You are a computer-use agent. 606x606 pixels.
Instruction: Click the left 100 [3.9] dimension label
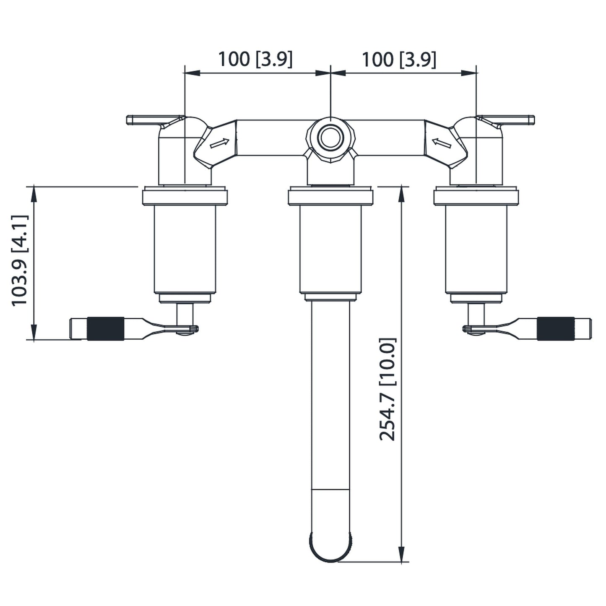click(x=255, y=59)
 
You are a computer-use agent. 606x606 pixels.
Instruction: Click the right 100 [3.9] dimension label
click(x=399, y=59)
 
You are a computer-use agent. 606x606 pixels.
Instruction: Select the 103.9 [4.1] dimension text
click(x=20, y=260)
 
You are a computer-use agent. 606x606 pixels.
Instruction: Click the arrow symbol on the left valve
click(x=220, y=143)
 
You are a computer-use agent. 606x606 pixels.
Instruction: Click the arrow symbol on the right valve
click(x=442, y=143)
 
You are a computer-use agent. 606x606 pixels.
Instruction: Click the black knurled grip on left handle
click(x=106, y=328)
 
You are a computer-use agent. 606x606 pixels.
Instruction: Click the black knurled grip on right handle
click(x=556, y=328)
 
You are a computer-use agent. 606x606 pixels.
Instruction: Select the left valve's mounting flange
click(x=185, y=197)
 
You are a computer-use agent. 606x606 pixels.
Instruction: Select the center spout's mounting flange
click(x=330, y=197)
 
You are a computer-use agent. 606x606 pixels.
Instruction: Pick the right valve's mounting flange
click(x=476, y=197)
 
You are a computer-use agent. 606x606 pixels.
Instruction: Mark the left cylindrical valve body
click(x=185, y=249)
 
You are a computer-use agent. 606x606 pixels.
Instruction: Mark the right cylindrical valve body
click(x=476, y=249)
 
